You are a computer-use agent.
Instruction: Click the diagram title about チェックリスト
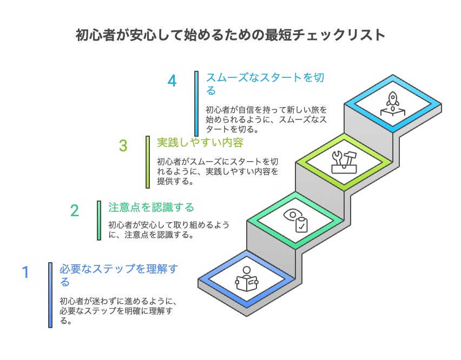pyautogui.click(x=230, y=35)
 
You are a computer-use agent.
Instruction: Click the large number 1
pyautogui.click(x=25, y=272)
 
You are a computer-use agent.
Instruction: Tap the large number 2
pyautogui.click(x=75, y=210)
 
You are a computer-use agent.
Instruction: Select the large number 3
pyautogui.click(x=123, y=146)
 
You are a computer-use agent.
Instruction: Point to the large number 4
pyautogui.click(x=172, y=82)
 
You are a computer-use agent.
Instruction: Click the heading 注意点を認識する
pyautogui.click(x=151, y=208)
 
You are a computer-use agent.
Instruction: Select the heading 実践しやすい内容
pyautogui.click(x=200, y=143)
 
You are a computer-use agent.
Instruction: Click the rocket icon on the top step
pyautogui.click(x=393, y=103)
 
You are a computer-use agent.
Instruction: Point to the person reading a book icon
pyautogui.click(x=247, y=279)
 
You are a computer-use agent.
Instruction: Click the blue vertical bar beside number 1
pyautogui.click(x=50, y=295)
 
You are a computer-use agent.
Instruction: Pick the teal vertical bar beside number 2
pyautogui.click(x=99, y=221)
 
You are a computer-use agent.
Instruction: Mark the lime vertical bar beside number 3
pyautogui.click(x=148, y=162)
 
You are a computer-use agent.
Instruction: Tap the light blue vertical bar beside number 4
pyautogui.click(x=196, y=103)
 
